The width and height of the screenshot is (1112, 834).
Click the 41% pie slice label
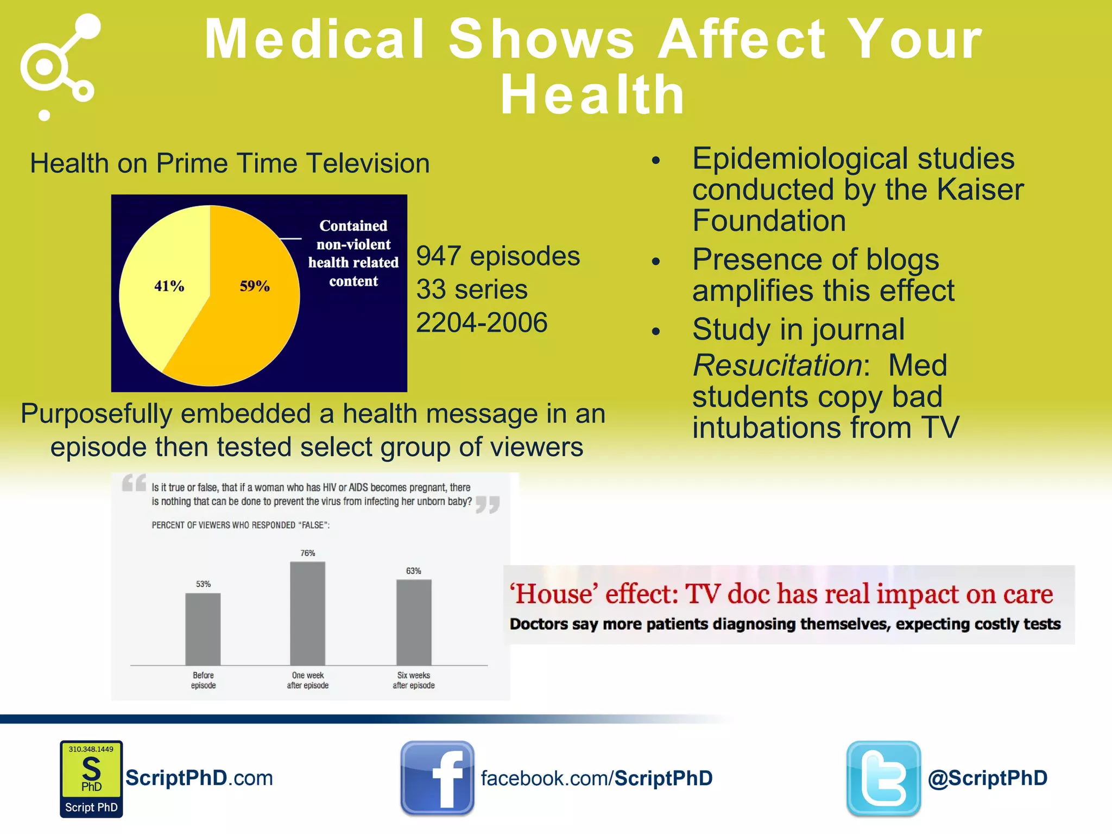[169, 286]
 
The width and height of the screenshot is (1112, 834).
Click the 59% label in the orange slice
[255, 286]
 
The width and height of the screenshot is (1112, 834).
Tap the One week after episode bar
[308, 613]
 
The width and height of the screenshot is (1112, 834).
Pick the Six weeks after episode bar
[414, 622]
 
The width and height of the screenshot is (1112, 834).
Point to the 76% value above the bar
[308, 553]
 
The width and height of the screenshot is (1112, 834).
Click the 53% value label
[203, 584]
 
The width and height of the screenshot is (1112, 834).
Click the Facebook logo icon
[437, 778]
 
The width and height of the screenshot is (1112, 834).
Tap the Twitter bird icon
[883, 778]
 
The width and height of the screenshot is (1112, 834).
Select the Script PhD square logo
[91, 779]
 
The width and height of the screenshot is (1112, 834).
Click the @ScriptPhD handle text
[988, 778]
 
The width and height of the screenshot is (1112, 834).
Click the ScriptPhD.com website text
[199, 778]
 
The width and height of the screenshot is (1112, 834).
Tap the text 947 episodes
[498, 256]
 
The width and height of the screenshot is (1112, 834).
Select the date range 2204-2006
[482, 323]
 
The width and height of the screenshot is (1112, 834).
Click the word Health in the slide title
[592, 96]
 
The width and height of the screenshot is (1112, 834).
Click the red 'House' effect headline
[781, 593]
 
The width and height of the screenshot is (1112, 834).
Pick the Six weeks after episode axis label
[414, 680]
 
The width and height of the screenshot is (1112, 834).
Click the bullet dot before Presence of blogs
[656, 261]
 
